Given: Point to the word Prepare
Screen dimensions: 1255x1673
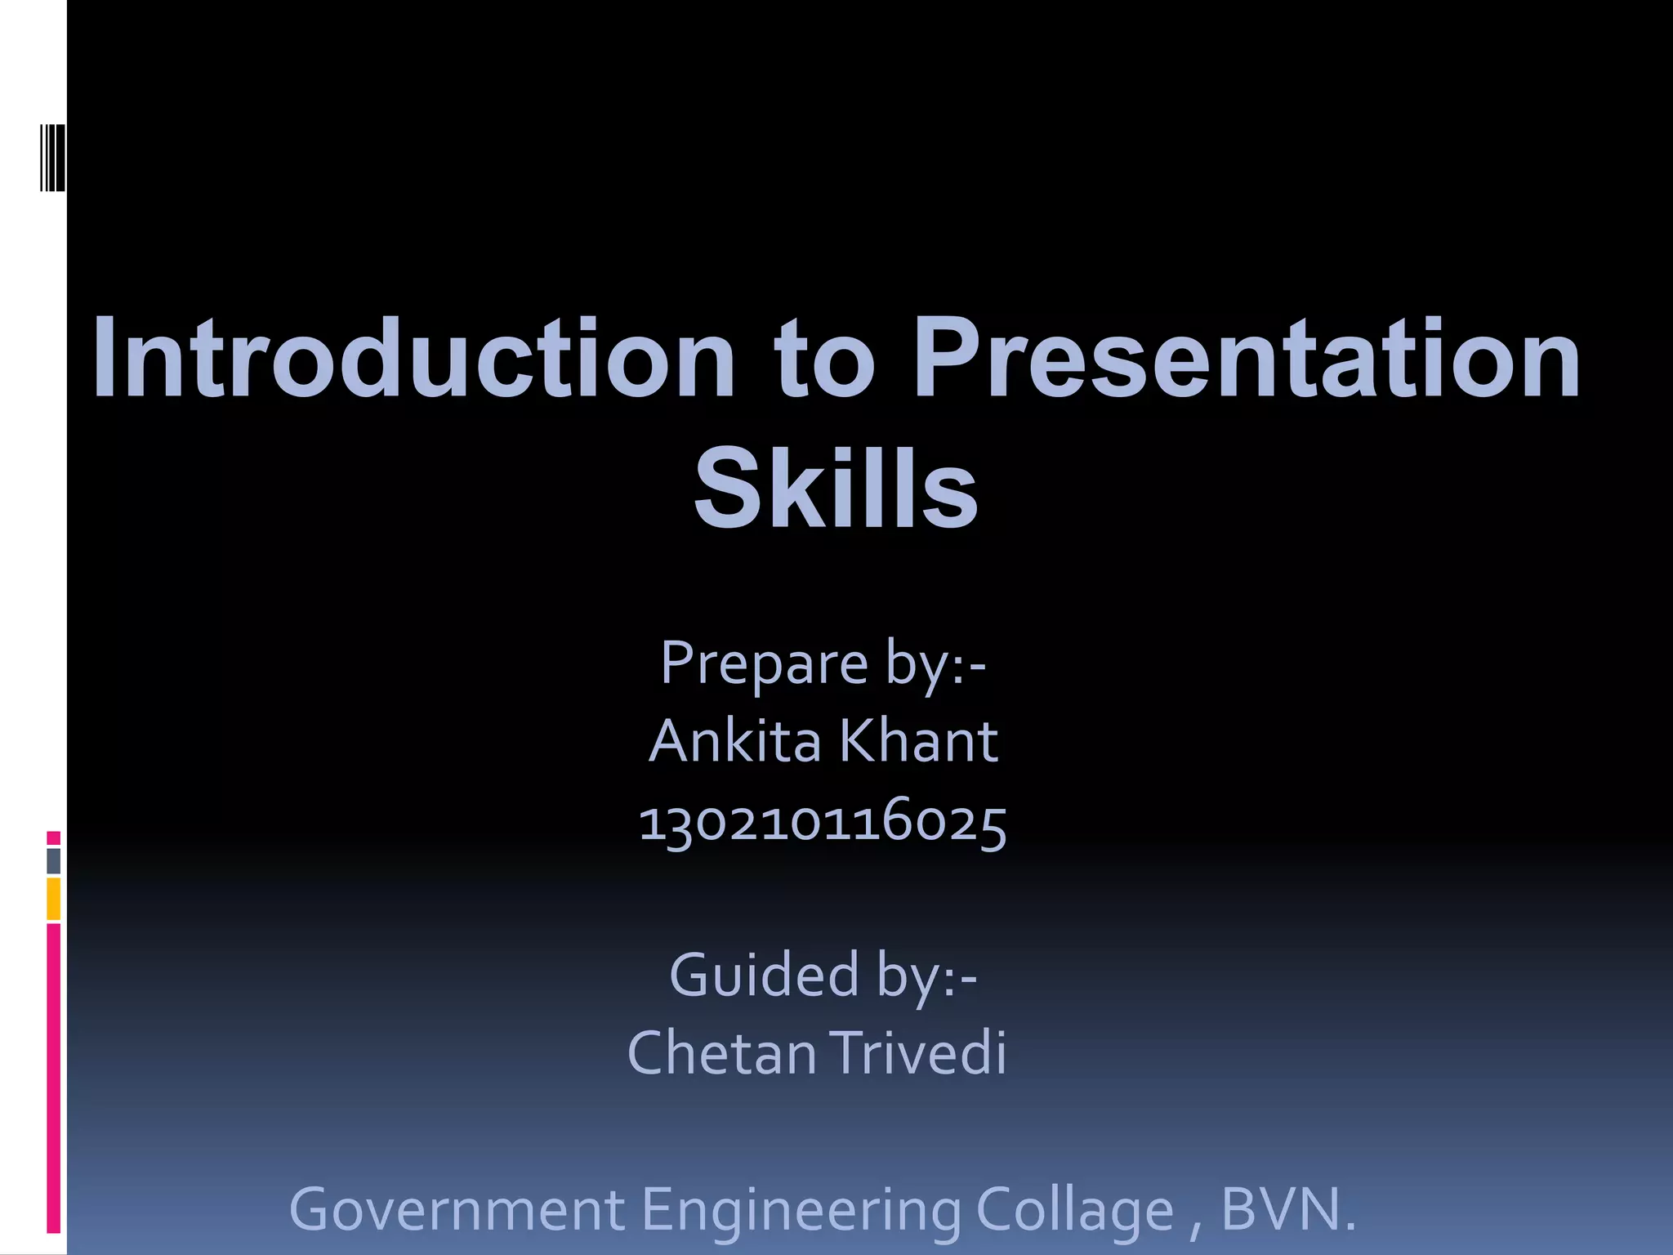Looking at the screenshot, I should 764,663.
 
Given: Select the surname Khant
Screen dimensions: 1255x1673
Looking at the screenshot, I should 918,742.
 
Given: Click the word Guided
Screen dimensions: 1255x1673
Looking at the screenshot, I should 763,975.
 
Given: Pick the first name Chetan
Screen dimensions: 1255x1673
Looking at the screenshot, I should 721,1053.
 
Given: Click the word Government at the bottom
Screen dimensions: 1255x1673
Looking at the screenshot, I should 457,1210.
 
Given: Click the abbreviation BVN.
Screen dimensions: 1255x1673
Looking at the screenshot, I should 1287,1210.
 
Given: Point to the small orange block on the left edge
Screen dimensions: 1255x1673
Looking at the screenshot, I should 54,899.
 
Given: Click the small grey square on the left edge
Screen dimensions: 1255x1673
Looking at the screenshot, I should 54,860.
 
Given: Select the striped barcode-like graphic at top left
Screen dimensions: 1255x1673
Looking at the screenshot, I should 53,158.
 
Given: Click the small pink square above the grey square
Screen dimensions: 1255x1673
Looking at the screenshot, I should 54,837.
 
